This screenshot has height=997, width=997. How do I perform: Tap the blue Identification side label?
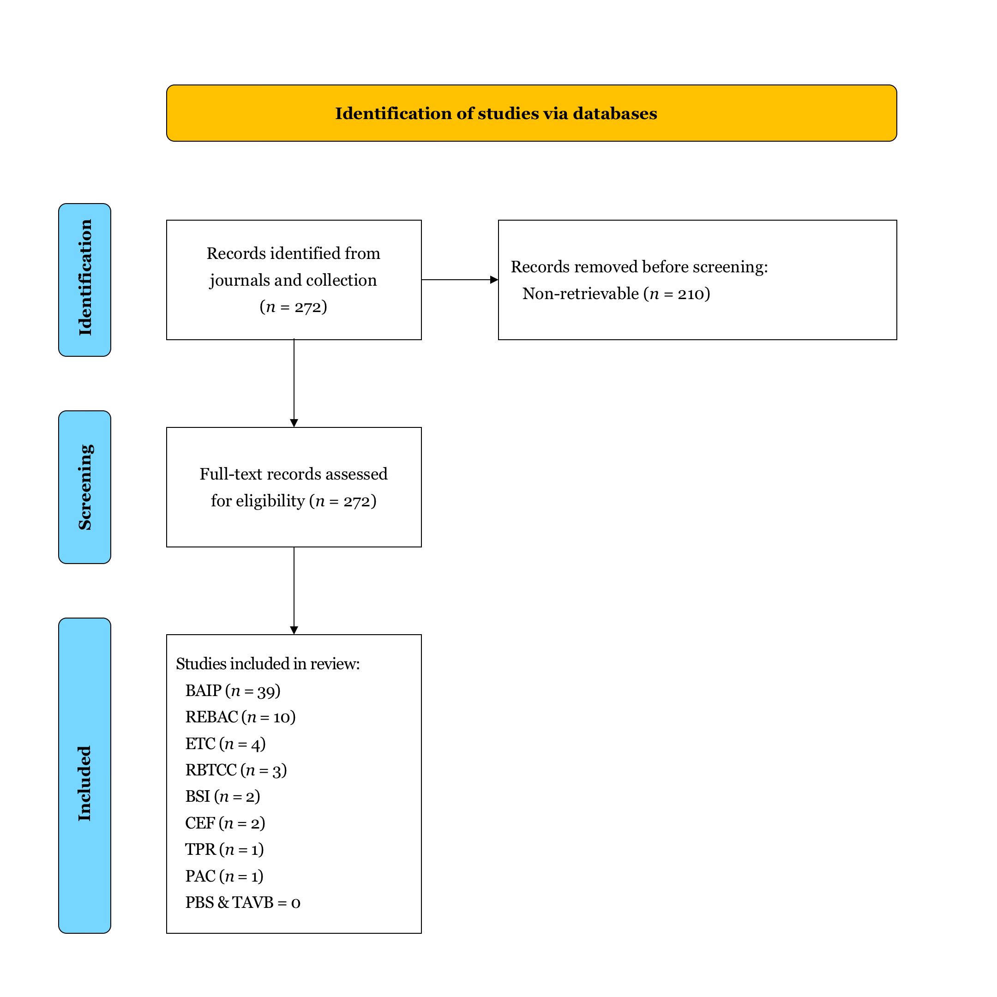coord(84,280)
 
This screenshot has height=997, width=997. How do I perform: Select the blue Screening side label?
coord(84,487)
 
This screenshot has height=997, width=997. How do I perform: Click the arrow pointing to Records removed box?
coord(459,280)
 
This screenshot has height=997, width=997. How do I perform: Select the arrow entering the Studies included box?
coord(294,590)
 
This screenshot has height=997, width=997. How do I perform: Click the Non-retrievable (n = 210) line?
coord(616,294)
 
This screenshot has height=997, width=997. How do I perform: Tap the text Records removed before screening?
coord(639,267)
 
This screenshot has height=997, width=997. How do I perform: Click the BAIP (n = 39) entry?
coord(233,691)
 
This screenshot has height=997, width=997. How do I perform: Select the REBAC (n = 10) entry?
coord(240,717)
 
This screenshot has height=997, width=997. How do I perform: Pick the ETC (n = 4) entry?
coord(226,744)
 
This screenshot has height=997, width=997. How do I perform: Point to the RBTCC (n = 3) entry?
coord(236,770)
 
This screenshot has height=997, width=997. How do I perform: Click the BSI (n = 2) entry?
coord(222,796)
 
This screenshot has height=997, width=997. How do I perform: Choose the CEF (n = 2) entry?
coord(225,823)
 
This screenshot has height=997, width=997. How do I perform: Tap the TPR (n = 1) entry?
coord(224,849)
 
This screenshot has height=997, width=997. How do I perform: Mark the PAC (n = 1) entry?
coord(224,876)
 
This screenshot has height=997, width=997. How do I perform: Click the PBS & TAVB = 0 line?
coord(242,902)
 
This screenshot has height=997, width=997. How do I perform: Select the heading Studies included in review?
coord(268,664)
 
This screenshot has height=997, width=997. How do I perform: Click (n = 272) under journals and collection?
coord(293,307)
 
